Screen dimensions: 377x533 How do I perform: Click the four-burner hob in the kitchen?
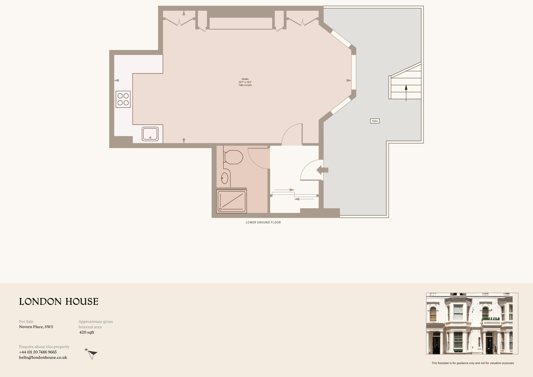point(123,99)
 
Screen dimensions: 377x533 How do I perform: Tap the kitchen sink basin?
point(150,134)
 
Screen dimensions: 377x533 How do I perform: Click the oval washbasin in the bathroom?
point(225,178)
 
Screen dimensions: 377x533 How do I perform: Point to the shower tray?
point(231,201)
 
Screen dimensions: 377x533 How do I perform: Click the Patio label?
point(375,121)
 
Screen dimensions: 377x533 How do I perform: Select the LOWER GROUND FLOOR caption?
point(263,223)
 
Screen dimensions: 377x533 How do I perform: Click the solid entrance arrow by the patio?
point(322,170)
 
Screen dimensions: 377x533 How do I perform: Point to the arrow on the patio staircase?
point(406,93)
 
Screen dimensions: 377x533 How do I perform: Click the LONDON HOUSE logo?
point(59,302)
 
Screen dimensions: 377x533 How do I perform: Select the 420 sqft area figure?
point(87,332)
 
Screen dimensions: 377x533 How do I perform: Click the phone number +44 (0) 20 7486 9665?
point(38,352)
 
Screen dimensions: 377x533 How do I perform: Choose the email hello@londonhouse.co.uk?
point(43,357)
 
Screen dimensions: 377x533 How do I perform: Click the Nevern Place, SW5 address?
point(36,327)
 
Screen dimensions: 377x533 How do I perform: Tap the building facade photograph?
point(472,323)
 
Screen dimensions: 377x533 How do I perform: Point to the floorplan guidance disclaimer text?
point(473,363)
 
